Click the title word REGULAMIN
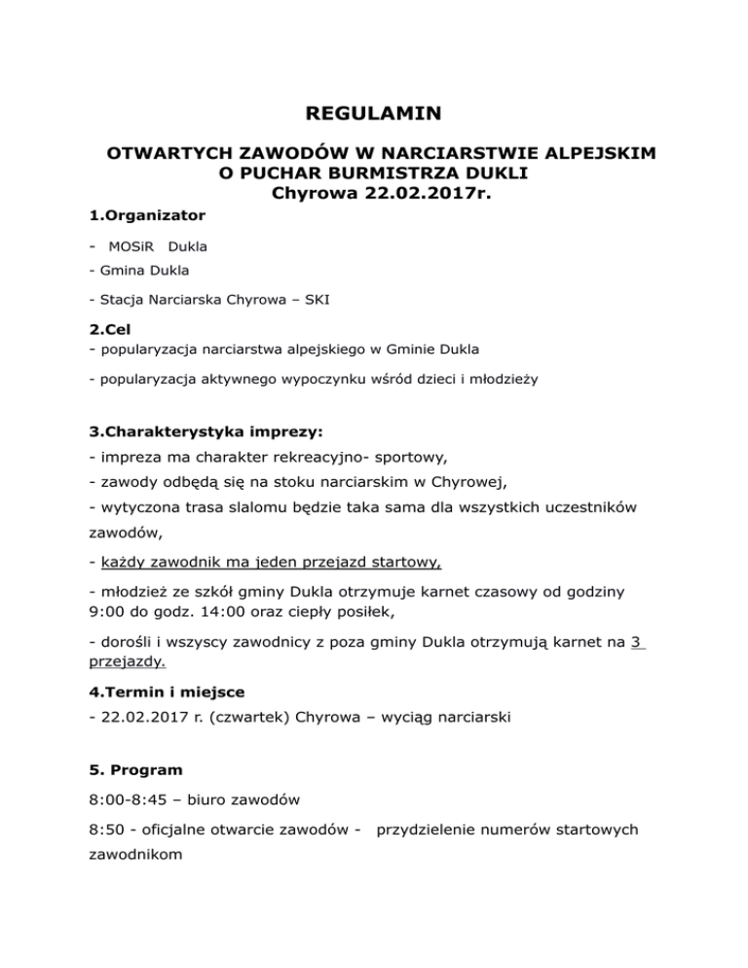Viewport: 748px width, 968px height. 373,115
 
